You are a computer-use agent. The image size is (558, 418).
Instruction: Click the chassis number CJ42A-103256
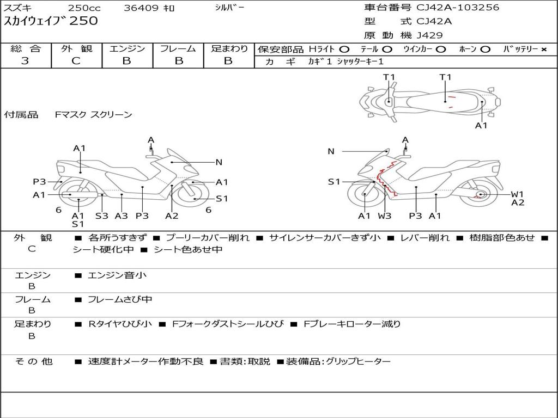click(x=458, y=8)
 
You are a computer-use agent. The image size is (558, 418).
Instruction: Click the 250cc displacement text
click(x=84, y=8)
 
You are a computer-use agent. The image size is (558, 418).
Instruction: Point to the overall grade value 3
click(x=25, y=61)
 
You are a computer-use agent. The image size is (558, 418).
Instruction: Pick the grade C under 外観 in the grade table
click(x=76, y=61)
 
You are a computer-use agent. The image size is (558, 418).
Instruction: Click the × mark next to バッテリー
click(x=544, y=50)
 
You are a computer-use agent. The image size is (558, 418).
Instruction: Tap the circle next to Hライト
click(x=344, y=50)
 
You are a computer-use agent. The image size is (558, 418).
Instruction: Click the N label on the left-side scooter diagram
click(x=219, y=162)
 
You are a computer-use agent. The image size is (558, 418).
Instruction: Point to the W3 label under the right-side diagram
click(x=384, y=216)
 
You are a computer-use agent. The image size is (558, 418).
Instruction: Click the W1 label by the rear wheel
click(x=518, y=194)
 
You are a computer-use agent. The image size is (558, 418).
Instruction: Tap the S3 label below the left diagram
click(x=101, y=216)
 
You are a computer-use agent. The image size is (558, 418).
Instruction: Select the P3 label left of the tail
click(x=39, y=182)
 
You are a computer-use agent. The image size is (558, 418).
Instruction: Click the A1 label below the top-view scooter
click(x=481, y=126)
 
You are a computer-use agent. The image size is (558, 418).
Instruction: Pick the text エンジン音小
click(x=117, y=275)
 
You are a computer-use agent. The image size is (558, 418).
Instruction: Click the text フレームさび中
click(x=120, y=300)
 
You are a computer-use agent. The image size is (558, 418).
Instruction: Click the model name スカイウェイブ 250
click(x=51, y=21)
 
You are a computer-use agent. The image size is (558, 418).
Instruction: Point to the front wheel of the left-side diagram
click(x=192, y=194)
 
